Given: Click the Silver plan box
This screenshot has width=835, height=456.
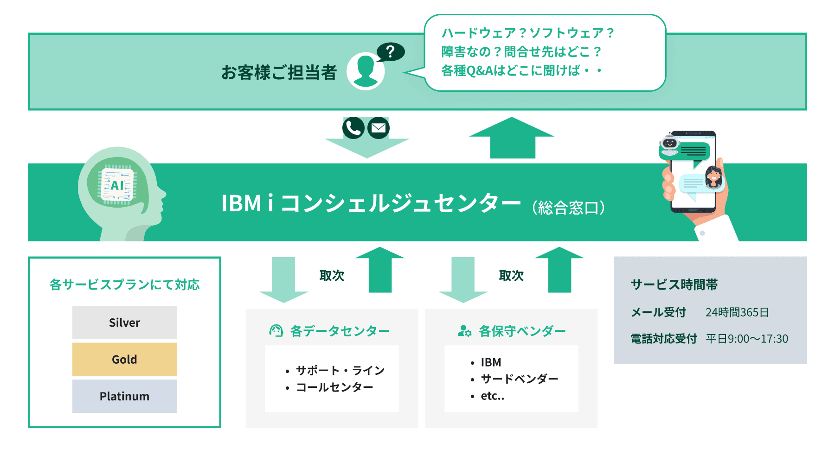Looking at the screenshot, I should pos(124,323).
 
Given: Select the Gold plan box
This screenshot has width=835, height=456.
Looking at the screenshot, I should pos(124,359).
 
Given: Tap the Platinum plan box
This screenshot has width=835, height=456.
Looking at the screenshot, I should pos(124,396).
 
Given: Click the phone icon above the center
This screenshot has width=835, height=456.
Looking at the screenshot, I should pos(353,128).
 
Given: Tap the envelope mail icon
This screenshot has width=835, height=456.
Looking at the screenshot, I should pos(379,128).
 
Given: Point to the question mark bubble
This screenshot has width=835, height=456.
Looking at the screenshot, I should pos(391,51).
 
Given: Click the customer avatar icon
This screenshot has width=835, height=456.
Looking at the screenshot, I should pos(366,71).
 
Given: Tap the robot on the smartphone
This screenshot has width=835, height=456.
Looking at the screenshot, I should pos(670,143).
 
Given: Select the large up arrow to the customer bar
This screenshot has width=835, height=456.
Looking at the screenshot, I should pos(512,138).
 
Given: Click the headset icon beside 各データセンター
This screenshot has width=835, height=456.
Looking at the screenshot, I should pos(276,331).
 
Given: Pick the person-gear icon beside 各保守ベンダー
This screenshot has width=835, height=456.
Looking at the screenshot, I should pos(464,331).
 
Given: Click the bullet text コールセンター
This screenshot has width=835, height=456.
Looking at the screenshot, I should pos(334,387).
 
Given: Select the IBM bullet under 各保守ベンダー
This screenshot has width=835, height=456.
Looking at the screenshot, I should pos(491,362).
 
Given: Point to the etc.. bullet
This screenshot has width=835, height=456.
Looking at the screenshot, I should pos(492,396).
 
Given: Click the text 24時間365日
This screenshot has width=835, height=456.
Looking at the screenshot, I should pos(737,312).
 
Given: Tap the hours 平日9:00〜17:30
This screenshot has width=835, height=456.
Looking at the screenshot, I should pos(747,339).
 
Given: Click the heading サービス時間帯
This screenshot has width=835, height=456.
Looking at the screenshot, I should pos(674,285).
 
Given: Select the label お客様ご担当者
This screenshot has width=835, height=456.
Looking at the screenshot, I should pos(279,73).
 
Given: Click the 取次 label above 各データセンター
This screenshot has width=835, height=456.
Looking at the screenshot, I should pos(332,276).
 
